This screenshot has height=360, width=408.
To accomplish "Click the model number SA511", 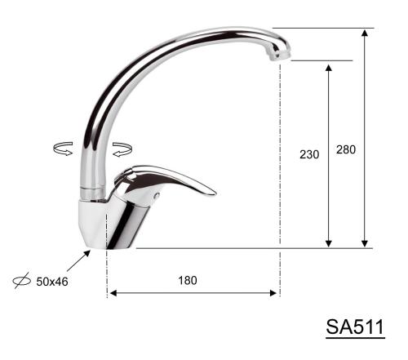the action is point(355,327).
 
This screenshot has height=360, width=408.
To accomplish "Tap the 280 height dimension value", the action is point(346,149).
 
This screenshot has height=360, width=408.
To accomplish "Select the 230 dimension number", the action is point(309,154).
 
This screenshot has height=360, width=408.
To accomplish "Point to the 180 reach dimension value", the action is point(188,280).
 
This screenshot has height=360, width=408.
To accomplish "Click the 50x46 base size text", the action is point(52,282).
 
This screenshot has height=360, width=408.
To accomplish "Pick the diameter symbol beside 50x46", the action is point(22,280).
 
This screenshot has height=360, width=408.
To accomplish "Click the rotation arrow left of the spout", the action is point(63,149).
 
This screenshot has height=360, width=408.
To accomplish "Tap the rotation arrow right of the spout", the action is point(122,149).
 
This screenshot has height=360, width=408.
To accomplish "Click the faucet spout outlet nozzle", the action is point(278,55).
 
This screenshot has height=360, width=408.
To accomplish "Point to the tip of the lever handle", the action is point(215,193).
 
